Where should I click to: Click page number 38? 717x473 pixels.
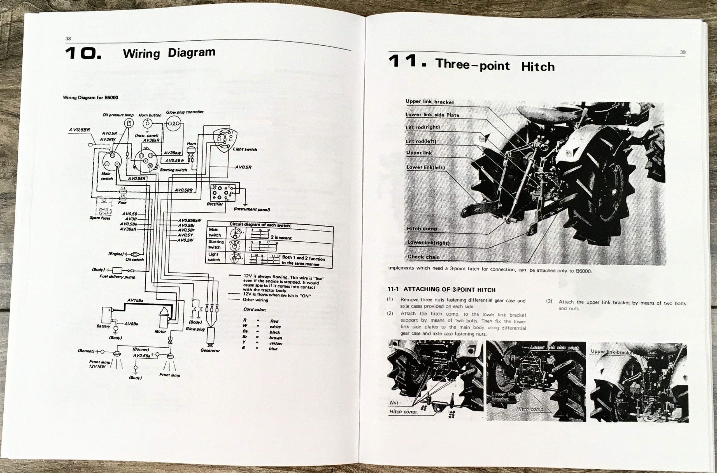(x=68, y=39)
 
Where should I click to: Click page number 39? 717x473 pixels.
(x=683, y=52)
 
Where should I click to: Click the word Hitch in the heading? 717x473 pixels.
(x=538, y=67)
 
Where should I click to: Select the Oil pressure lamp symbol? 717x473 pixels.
(x=129, y=123)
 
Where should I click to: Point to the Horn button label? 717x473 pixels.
(x=150, y=115)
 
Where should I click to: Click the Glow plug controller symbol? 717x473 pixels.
(x=174, y=124)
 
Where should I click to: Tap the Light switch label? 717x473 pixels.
(x=245, y=149)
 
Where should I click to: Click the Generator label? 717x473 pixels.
(x=210, y=351)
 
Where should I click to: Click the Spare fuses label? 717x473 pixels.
(x=100, y=218)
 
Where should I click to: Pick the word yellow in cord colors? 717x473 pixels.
(x=275, y=343)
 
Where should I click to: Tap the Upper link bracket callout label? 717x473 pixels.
(x=430, y=102)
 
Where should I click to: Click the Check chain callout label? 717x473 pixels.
(x=423, y=257)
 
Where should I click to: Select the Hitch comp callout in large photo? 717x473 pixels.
(x=422, y=229)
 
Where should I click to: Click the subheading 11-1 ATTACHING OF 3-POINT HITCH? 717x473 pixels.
(x=441, y=290)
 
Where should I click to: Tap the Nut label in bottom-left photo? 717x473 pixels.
(x=394, y=403)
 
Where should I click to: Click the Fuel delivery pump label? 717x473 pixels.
(x=117, y=277)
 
